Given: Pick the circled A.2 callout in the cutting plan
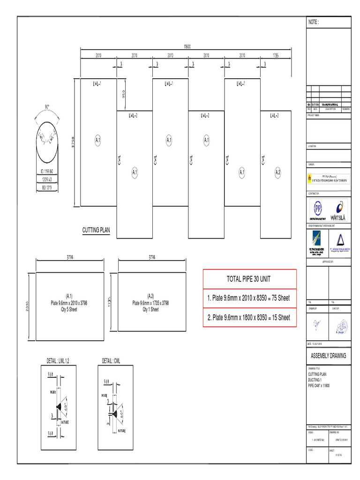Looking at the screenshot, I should [277, 172].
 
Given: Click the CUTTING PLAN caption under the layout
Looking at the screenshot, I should [96, 230].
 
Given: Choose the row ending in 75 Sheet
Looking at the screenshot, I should [249, 298].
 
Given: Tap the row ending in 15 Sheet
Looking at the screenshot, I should [249, 317].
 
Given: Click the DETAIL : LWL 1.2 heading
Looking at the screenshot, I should [58, 360].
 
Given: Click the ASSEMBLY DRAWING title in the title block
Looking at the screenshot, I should [328, 356].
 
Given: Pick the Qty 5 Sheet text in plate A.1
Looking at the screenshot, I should [69, 310].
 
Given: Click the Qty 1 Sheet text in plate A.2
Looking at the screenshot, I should [151, 310].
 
